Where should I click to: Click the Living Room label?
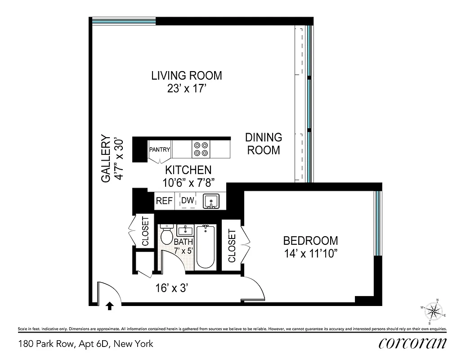186,76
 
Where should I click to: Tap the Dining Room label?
264,144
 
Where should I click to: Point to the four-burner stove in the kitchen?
201,149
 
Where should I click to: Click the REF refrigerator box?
164,201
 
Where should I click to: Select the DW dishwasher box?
188,201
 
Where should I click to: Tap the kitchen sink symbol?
211,201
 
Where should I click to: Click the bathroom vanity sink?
185,231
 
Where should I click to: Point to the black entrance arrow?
109,306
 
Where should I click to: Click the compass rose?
434,311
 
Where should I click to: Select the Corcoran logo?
412,343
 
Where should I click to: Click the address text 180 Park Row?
85,344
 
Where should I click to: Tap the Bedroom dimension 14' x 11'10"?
310,253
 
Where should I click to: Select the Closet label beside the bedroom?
232,246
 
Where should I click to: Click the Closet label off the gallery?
145,231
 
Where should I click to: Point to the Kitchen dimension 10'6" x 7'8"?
188,182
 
